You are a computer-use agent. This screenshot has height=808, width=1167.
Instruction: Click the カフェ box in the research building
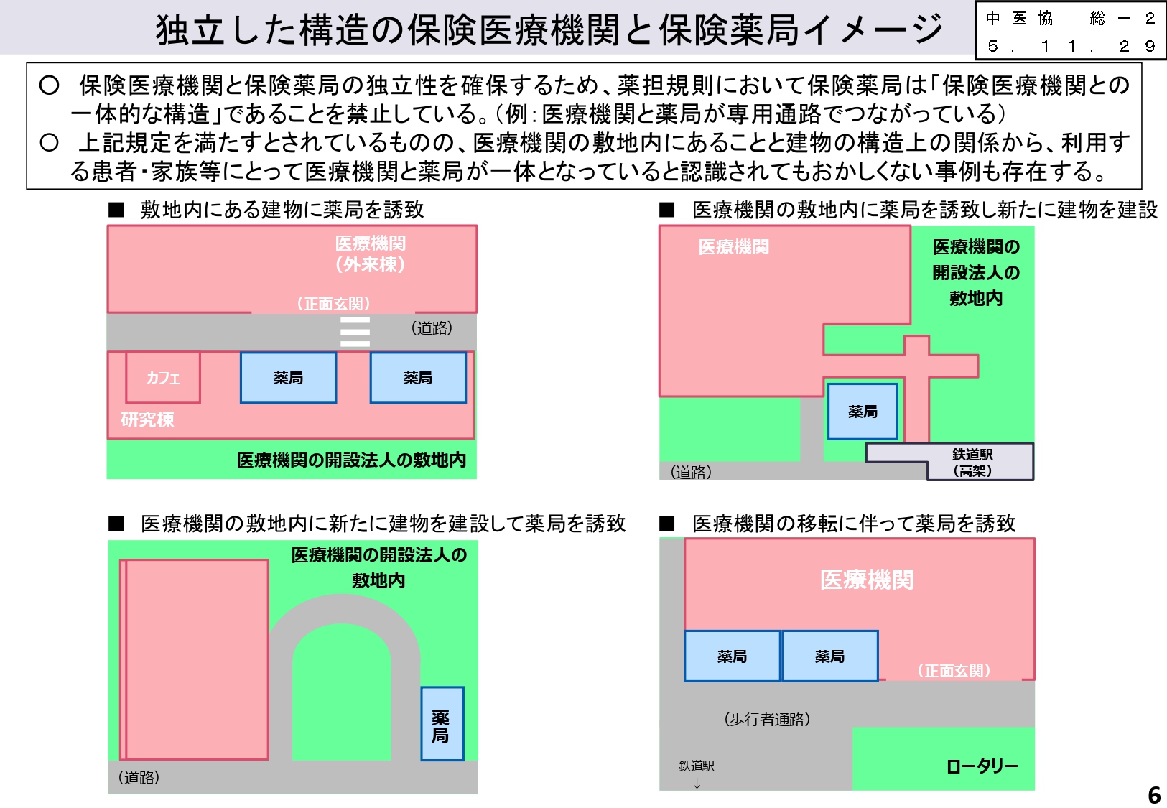coord(163,377)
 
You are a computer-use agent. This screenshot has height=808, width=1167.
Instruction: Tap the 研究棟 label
coord(147,419)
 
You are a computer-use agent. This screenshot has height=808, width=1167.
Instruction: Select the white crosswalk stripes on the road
coord(355,332)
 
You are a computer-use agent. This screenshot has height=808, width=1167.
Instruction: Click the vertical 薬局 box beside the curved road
coord(442,724)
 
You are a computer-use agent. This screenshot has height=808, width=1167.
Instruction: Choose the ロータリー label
coord(982,766)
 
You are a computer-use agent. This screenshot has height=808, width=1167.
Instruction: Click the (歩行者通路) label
coord(767,719)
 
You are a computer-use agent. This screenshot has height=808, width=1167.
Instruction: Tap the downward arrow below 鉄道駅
coord(697,784)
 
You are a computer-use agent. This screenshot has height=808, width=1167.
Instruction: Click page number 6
coord(1154,795)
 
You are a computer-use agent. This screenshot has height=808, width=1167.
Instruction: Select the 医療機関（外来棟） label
coord(370,254)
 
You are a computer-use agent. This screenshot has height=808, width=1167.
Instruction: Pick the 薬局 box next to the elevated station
coord(863,412)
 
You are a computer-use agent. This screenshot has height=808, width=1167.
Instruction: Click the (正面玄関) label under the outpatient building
coord(333,304)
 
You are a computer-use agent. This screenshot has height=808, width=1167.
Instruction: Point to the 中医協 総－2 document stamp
coord(1070,32)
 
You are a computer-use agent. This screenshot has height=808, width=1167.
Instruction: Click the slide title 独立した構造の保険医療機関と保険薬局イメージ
coord(549,29)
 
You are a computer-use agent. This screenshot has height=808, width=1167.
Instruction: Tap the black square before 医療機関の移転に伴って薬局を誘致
coord(667,524)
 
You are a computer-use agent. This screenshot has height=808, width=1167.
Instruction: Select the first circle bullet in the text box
coord(49,85)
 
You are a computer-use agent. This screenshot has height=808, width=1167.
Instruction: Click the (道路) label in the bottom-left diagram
coord(139,777)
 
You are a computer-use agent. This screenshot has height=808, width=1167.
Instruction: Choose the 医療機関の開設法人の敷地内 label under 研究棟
coord(351,460)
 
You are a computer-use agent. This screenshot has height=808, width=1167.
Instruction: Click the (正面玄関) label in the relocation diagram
coord(954,670)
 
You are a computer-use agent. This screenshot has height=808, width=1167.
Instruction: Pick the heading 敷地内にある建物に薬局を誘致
coord(282,210)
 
